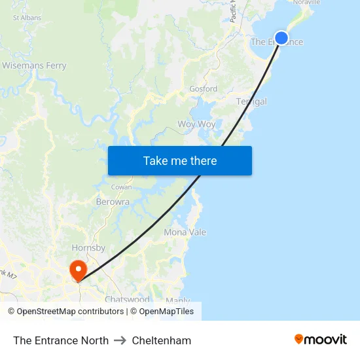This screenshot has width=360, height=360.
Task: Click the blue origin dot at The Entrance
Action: (281, 37)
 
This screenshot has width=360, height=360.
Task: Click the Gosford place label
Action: (203, 89)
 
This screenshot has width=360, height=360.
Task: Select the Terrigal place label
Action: (251, 101)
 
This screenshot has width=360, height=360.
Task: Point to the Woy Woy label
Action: (196, 124)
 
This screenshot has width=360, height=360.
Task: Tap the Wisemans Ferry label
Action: (34, 65)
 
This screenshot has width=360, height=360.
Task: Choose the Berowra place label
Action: (113, 202)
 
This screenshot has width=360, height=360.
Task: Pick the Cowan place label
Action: (121, 187)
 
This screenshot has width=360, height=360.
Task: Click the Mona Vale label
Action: (185, 232)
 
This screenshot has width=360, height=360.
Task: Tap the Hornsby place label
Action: (88, 248)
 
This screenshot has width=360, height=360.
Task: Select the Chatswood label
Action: (127, 299)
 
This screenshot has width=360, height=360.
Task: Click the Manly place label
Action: (178, 301)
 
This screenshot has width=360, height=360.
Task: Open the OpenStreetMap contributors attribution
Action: (69, 312)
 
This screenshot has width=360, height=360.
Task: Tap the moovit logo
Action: (321, 339)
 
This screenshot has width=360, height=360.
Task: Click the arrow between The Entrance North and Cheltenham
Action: (120, 340)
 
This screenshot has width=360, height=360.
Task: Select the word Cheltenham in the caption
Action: (162, 340)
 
